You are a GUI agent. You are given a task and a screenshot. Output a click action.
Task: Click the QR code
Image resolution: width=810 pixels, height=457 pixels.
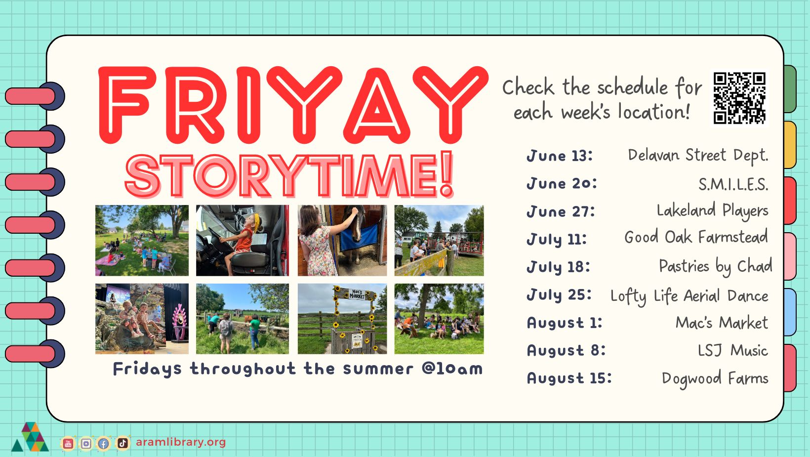coord(739,98)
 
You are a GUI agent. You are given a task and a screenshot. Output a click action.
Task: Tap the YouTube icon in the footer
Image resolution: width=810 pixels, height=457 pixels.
coord(68,443)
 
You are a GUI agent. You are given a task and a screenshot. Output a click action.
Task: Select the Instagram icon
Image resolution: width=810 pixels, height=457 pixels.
coord(86,443)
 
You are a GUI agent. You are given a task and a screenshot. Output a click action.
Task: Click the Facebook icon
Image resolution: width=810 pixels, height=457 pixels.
coord(103,443)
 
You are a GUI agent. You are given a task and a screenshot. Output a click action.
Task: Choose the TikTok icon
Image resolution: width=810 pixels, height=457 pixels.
coord(122,443)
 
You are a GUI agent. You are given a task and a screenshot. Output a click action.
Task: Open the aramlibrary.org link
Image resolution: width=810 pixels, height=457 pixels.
coord(181,442)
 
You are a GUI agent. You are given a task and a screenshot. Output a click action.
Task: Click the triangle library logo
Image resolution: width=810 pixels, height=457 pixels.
coord(30,437)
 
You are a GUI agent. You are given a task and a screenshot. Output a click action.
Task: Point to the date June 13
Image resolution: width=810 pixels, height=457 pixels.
coord(560,156)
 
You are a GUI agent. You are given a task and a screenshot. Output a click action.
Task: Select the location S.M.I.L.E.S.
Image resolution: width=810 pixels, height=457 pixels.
coord(733,185)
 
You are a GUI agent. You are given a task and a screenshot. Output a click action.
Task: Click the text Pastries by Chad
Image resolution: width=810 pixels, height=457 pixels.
coord(715,267)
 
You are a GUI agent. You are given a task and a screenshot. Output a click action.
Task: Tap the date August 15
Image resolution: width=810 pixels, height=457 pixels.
coord(569,378)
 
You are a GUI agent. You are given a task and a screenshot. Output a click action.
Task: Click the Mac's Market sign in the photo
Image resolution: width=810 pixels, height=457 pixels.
coord(357,294)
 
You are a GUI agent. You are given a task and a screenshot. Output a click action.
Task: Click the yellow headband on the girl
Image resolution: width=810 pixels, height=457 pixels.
coord(256,221)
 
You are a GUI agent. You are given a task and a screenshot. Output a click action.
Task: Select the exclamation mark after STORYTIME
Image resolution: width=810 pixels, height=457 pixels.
coord(447,174)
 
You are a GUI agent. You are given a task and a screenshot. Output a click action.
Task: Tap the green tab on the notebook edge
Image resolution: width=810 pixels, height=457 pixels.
coord(790,89)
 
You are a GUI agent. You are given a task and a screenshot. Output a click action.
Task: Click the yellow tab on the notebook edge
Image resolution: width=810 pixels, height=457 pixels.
coord(790,145)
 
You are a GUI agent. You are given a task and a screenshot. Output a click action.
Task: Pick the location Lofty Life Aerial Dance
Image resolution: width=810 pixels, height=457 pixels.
coord(689,296)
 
